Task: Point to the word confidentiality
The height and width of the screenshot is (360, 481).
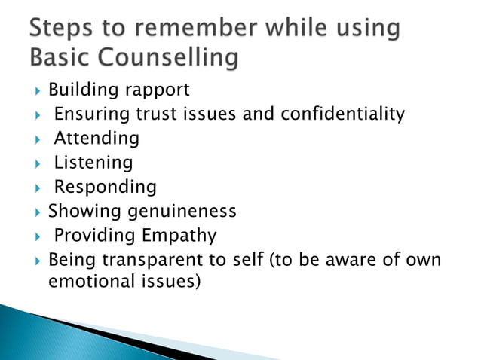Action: (x=342, y=114)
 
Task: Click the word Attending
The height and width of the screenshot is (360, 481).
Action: (x=97, y=139)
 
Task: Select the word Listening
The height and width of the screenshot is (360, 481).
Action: (x=93, y=163)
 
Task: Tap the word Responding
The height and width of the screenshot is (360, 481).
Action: (x=105, y=187)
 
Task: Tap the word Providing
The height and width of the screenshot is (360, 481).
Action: (x=94, y=236)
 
